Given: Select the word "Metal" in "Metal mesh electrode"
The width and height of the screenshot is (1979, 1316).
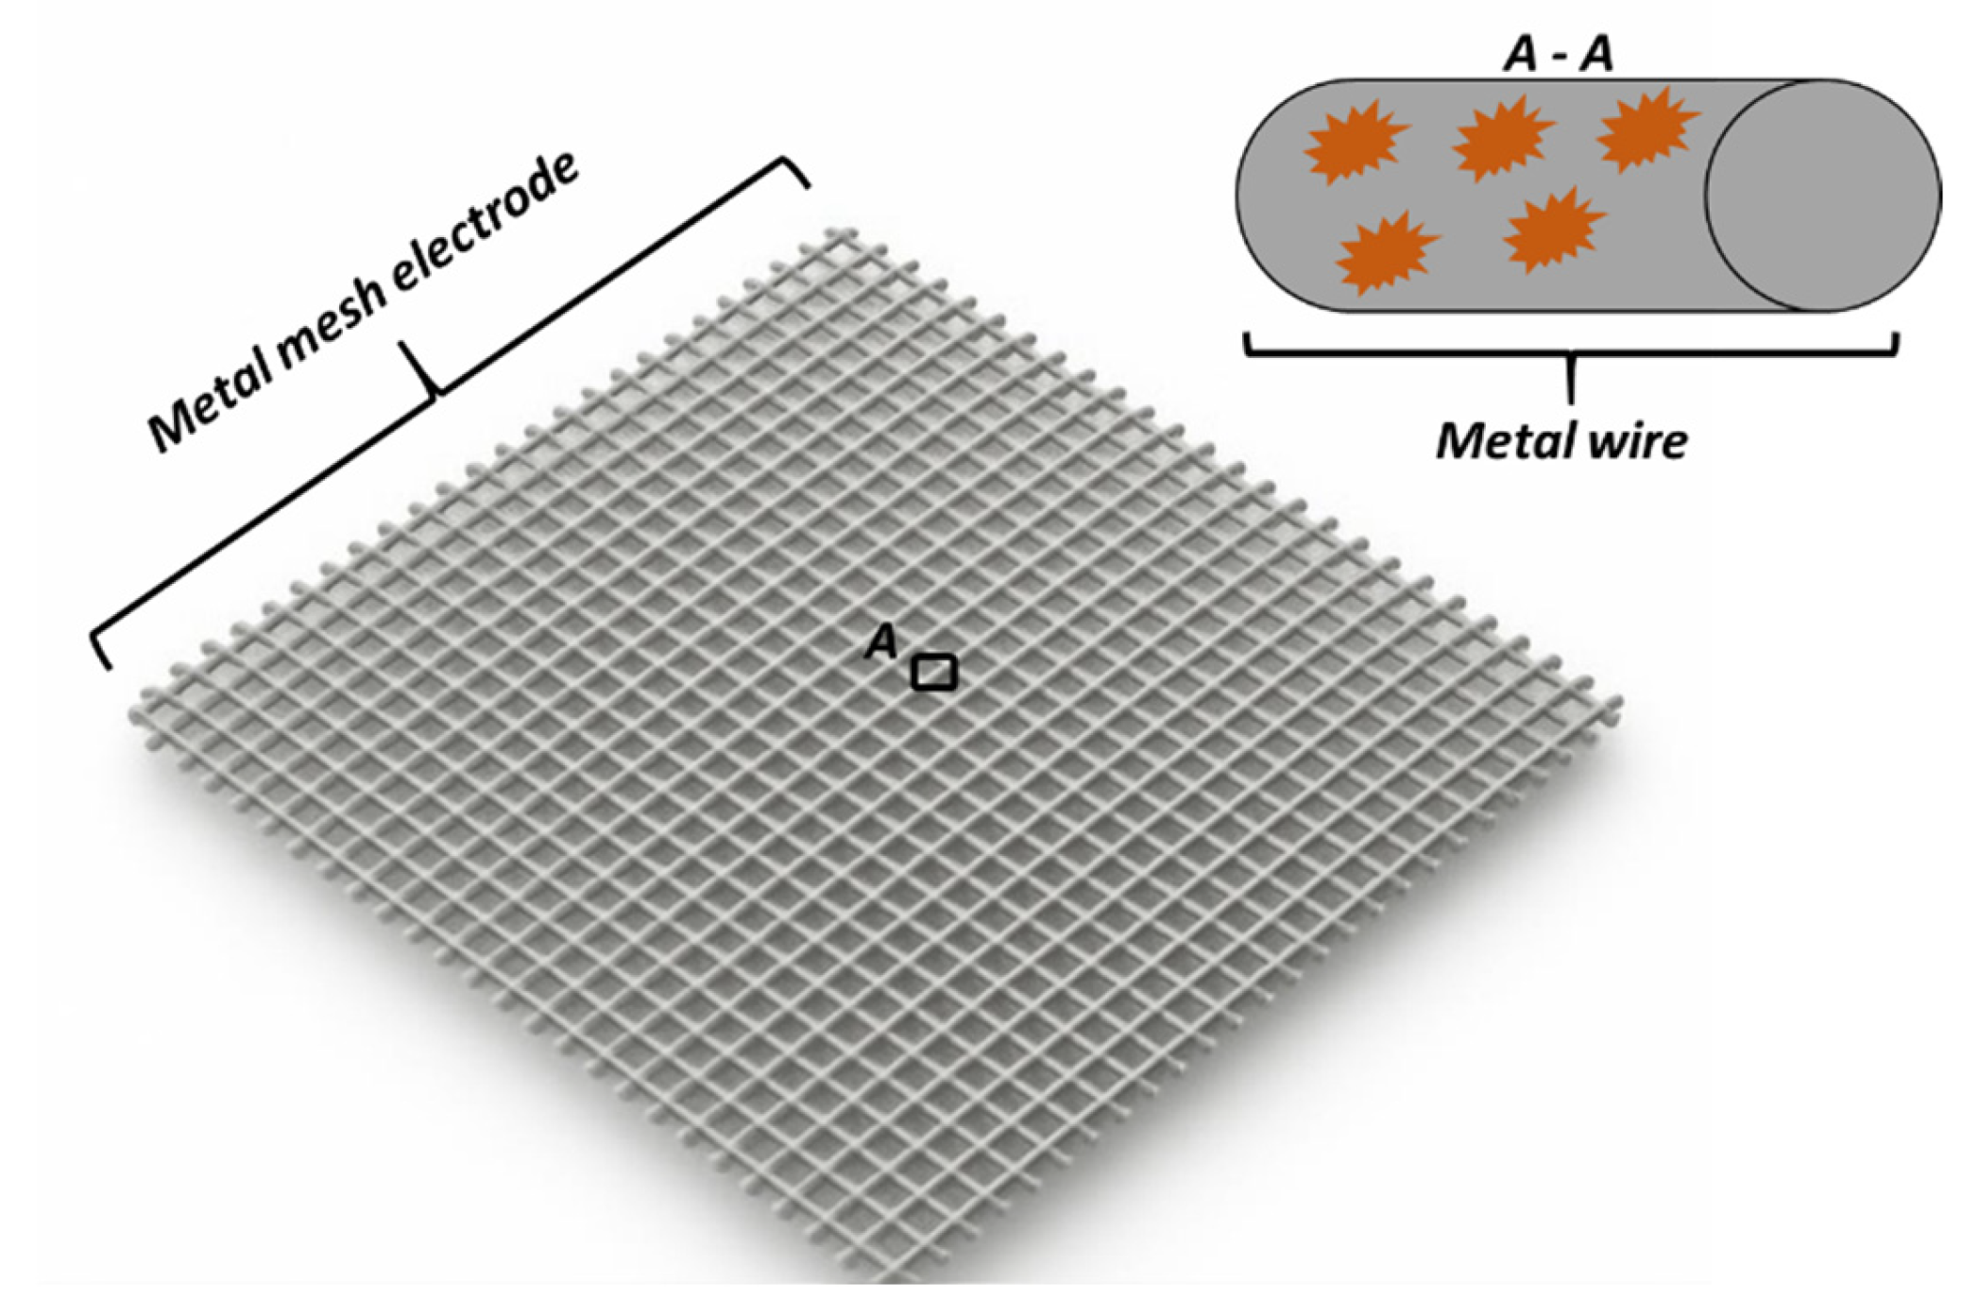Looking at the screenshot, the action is (x=209, y=406).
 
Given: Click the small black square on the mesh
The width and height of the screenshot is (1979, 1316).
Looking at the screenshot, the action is (x=933, y=673).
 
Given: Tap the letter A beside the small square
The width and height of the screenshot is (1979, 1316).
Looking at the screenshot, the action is (x=882, y=641).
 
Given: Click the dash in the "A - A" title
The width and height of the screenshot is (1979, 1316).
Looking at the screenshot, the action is (x=1560, y=59).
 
